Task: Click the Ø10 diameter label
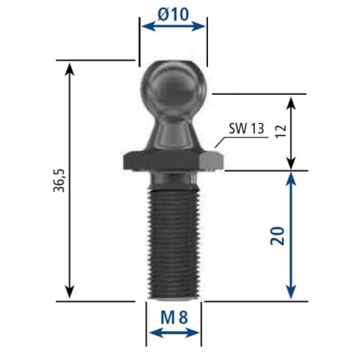pyautogui.click(x=173, y=14)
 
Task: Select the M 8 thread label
pyautogui.click(x=174, y=317)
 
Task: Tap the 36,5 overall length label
pyautogui.click(x=59, y=180)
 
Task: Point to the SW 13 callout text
pyautogui.click(x=246, y=128)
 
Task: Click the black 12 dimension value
pyautogui.click(x=281, y=131)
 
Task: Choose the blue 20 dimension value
pyautogui.click(x=277, y=236)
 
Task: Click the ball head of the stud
pyautogui.click(x=173, y=88)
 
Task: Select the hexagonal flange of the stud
pyautogui.click(x=173, y=161)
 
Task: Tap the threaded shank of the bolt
pyautogui.click(x=173, y=244)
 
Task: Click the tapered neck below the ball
pyautogui.click(x=173, y=134)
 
